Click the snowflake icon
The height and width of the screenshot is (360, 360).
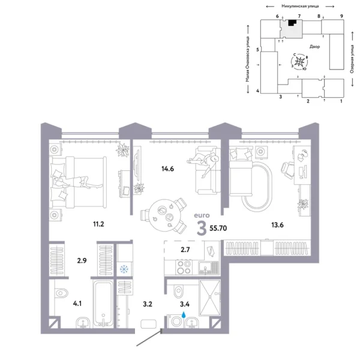(x=125, y=269)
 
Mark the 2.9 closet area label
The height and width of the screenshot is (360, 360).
(x=82, y=261)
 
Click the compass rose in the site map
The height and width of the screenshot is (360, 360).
(x=302, y=62)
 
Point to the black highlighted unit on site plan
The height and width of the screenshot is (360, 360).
(x=292, y=23)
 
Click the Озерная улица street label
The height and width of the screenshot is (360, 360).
(x=350, y=57)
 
